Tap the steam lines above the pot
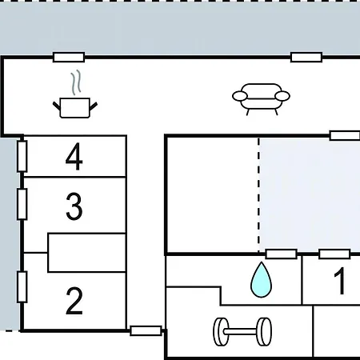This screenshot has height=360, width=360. pyautogui.click(x=76, y=82)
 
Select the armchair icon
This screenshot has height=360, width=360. pyautogui.click(x=261, y=99)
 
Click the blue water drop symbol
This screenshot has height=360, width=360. pyautogui.click(x=261, y=279)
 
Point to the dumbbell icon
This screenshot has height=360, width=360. pyautogui.click(x=242, y=331)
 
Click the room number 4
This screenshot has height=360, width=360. pyautogui.click(x=74, y=156)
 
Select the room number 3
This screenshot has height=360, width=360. pyautogui.click(x=74, y=206)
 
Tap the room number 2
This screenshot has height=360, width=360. pyautogui.click(x=74, y=301)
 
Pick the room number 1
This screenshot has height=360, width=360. pyautogui.click(x=340, y=281)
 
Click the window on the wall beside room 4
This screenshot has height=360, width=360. pyautogui.click(x=22, y=156)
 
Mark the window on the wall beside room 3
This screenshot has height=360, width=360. pyautogui.click(x=22, y=204)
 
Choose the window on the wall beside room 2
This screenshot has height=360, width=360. pyautogui.click(x=22, y=287)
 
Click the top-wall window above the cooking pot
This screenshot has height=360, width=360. pyautogui.click(x=69, y=58)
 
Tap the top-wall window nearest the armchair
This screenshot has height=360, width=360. pyautogui.click(x=306, y=58)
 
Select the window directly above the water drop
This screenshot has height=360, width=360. pyautogui.click(x=282, y=254)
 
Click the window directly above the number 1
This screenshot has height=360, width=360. pyautogui.click(x=334, y=254)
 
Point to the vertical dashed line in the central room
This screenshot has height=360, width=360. pyautogui.click(x=258, y=194)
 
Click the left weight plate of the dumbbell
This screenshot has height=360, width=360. pyautogui.click(x=221, y=332)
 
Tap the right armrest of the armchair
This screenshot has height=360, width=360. pyautogui.click(x=282, y=96)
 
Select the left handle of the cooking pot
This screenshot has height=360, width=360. pyautogui.click(x=57, y=106)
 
